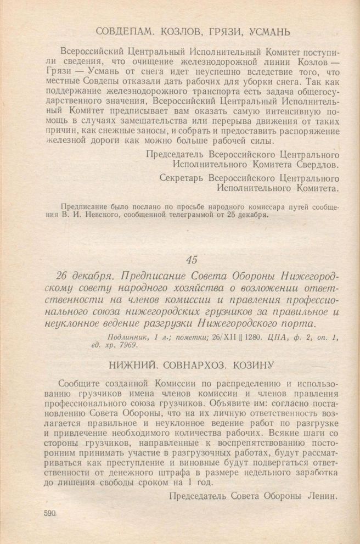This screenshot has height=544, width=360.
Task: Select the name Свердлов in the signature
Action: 315,164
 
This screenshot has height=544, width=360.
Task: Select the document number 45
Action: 190,259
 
